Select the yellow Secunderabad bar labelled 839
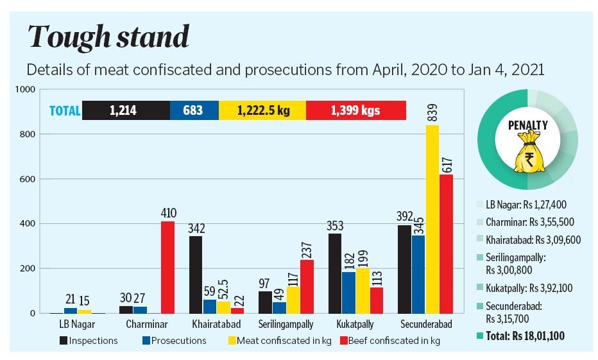tap(432, 219)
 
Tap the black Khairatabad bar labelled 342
tap(195, 275)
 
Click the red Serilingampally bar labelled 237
tap(306, 286)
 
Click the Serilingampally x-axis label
tap(287, 324)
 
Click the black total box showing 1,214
tap(125, 110)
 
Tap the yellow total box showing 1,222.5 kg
tap(262, 110)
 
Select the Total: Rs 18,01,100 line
tap(521, 335)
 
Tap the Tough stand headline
tap(108, 39)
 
